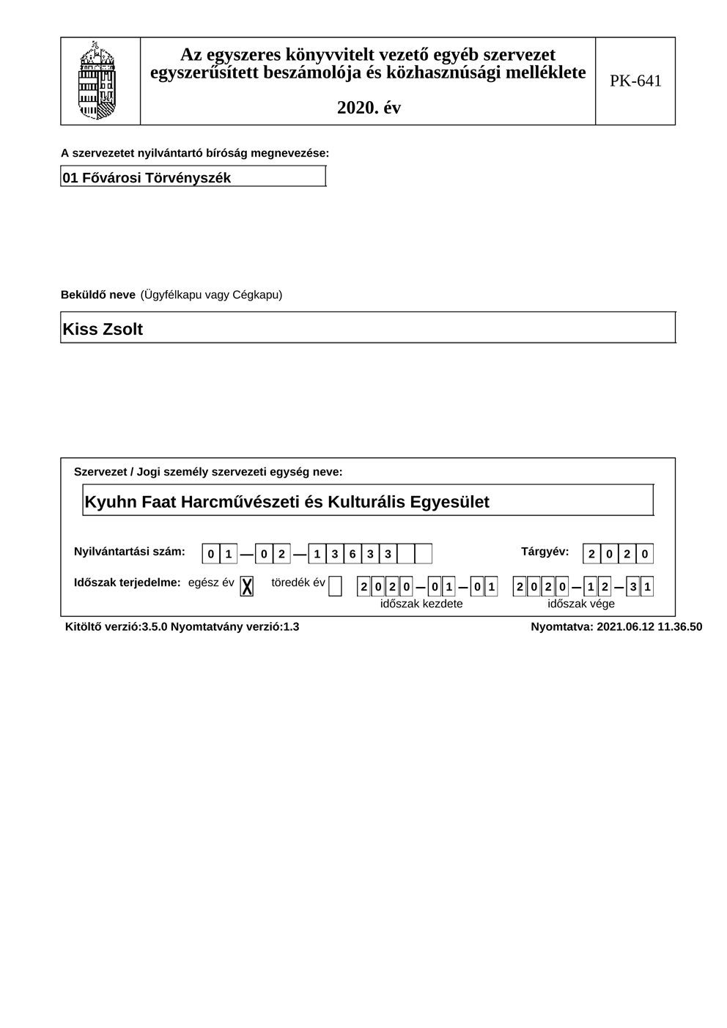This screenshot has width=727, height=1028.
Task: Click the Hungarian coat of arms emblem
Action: pyautogui.click(x=97, y=81)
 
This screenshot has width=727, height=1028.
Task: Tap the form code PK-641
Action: pyautogui.click(x=635, y=81)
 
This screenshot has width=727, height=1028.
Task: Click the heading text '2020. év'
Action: pyautogui.click(x=369, y=108)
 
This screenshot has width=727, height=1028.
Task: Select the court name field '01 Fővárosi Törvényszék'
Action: pyautogui.click(x=193, y=177)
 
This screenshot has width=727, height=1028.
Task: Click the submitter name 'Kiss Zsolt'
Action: pyautogui.click(x=103, y=329)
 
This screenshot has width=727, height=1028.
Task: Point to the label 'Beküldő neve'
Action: pyautogui.click(x=97, y=295)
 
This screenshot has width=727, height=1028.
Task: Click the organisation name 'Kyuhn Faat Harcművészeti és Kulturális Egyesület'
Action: pyautogui.click(x=287, y=502)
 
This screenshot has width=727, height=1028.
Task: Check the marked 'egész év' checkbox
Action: pyautogui.click(x=247, y=586)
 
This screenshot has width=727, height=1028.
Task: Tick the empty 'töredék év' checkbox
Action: pyautogui.click(x=335, y=586)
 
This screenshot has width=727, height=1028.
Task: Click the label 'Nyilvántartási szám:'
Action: pyautogui.click(x=130, y=551)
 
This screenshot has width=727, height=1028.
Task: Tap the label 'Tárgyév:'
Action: pyautogui.click(x=545, y=551)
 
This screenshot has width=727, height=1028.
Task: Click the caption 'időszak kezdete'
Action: pyautogui.click(x=421, y=604)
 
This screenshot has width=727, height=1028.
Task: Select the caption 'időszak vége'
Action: pyautogui.click(x=581, y=604)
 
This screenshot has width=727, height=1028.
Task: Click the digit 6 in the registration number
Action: pyautogui.click(x=353, y=554)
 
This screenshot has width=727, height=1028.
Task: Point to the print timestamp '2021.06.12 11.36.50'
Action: pyautogui.click(x=649, y=626)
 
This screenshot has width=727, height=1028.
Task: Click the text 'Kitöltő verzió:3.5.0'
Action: pyautogui.click(x=116, y=626)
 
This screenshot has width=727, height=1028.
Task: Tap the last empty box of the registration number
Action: pyautogui.click(x=424, y=554)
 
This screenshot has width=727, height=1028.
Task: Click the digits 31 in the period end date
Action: pyautogui.click(x=640, y=587)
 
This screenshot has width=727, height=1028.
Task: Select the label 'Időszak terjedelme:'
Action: pyautogui.click(x=127, y=583)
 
